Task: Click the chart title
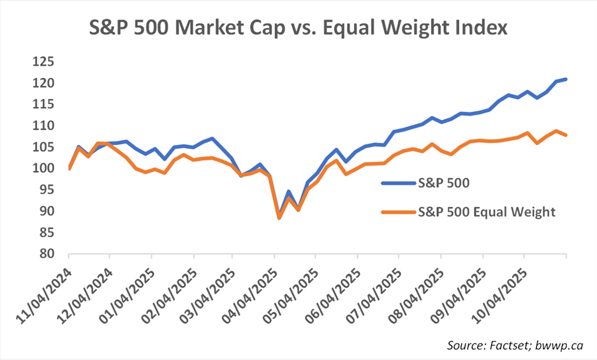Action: pyautogui.click(x=299, y=29)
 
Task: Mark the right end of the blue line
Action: pyautogui.click(x=566, y=79)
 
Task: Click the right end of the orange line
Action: pyautogui.click(x=566, y=135)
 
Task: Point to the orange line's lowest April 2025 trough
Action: pyautogui.click(x=279, y=218)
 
